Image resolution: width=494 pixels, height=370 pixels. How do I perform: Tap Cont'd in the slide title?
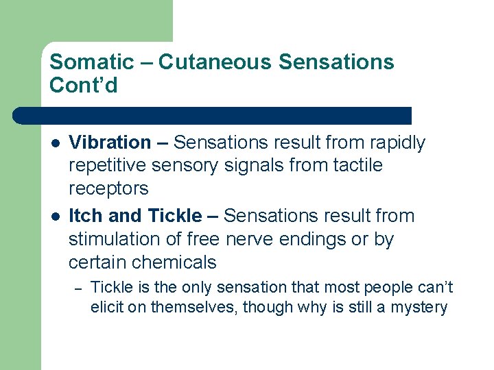pos(84,86)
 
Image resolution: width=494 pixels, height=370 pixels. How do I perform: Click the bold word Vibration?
pos(110,143)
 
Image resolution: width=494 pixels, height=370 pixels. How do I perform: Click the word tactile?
pos(360,165)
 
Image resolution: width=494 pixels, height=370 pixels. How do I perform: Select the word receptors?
pos(108,188)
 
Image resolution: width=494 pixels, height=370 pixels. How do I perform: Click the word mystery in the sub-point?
pos(419,308)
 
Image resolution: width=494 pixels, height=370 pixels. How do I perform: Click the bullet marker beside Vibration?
pos(54,143)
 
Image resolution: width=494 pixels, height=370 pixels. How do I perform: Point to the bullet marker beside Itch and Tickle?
pos(54,217)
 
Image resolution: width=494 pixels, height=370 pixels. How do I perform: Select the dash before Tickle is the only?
pos(79,288)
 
